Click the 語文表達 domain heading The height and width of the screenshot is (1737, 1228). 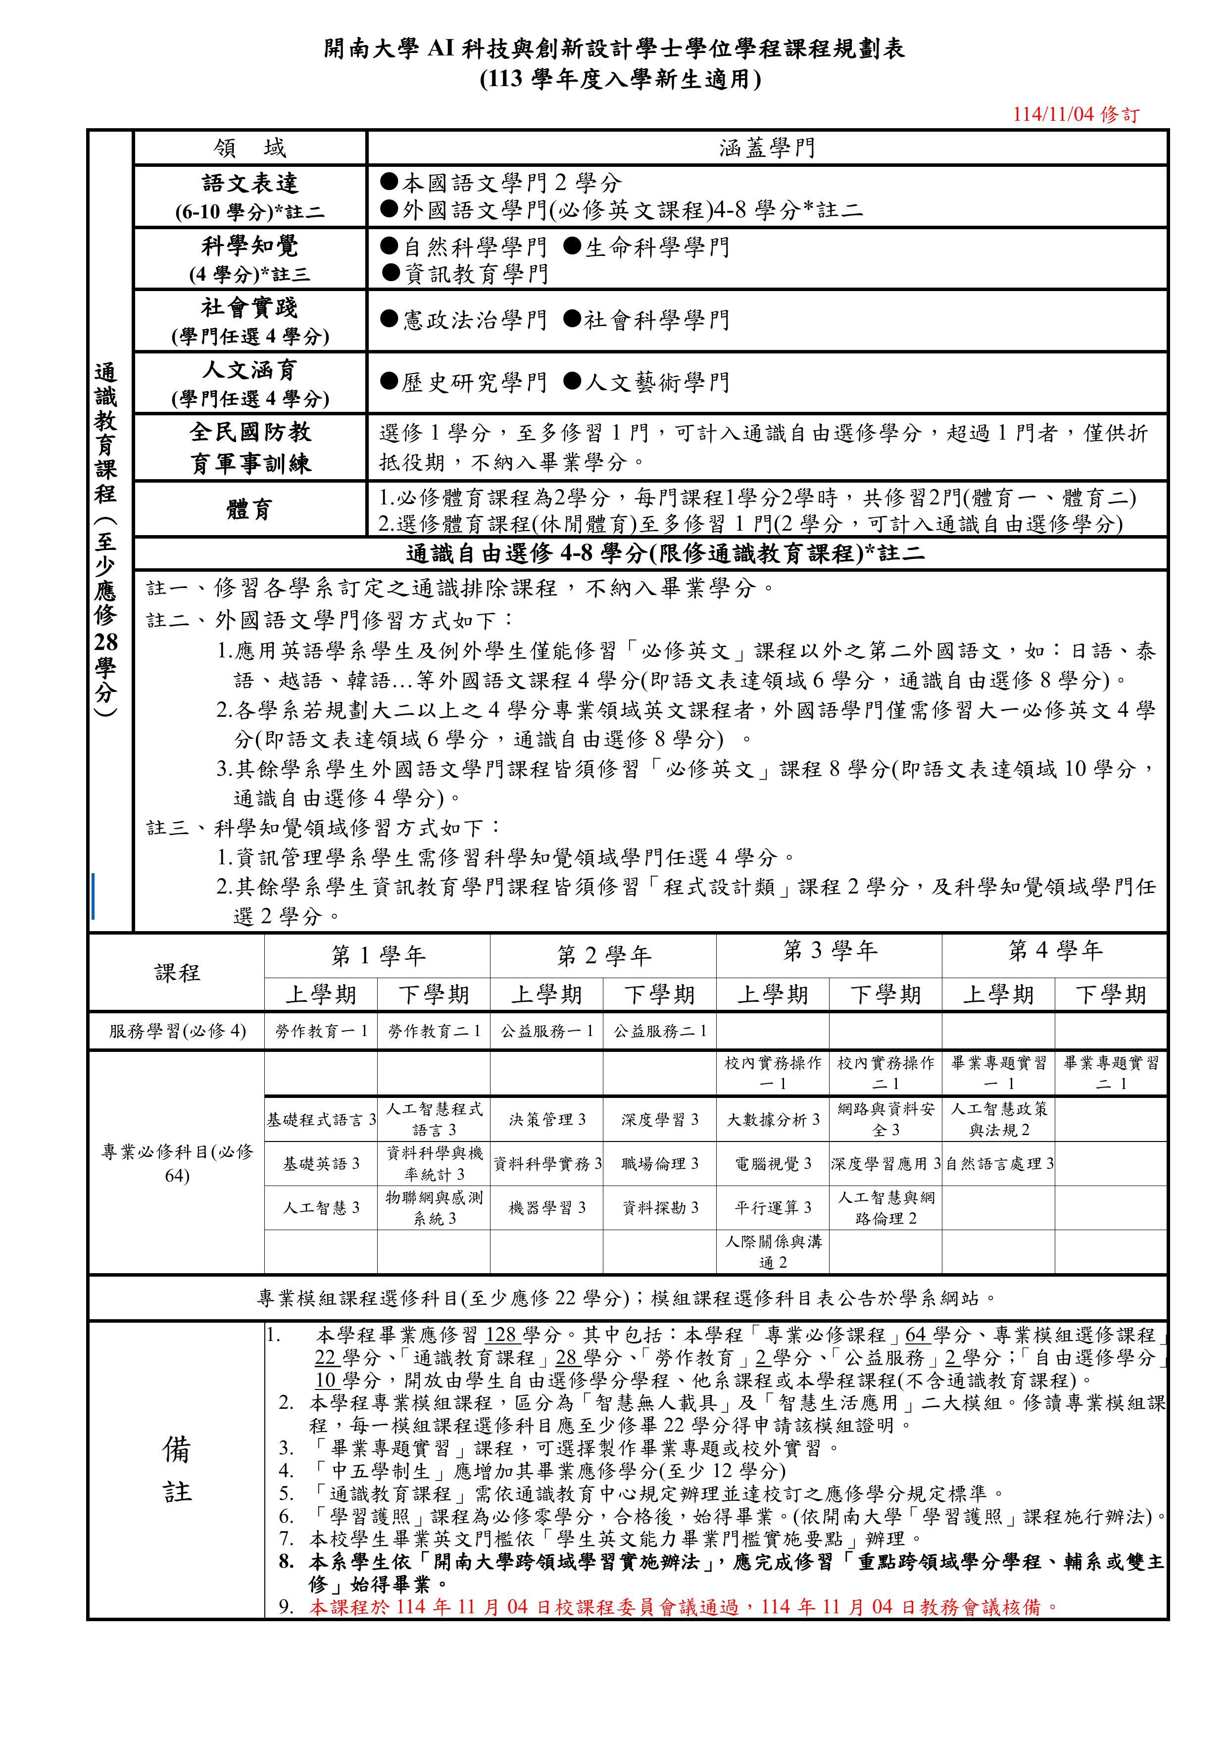coord(249,184)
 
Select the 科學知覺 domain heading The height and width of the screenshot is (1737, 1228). coord(249,246)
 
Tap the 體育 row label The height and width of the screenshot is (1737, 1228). coord(249,509)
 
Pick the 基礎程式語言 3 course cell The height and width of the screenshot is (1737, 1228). coord(321,1120)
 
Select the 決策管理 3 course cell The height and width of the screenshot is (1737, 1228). coord(547,1120)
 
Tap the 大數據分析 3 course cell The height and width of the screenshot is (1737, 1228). coord(773,1120)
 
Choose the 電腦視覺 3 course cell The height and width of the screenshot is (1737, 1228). coord(773,1164)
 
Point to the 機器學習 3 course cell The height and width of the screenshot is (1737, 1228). coord(547,1207)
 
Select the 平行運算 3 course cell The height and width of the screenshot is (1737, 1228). coord(773,1207)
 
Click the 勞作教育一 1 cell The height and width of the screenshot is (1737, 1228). coord(321,1031)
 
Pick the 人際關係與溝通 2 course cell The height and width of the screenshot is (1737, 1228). coord(773,1252)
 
